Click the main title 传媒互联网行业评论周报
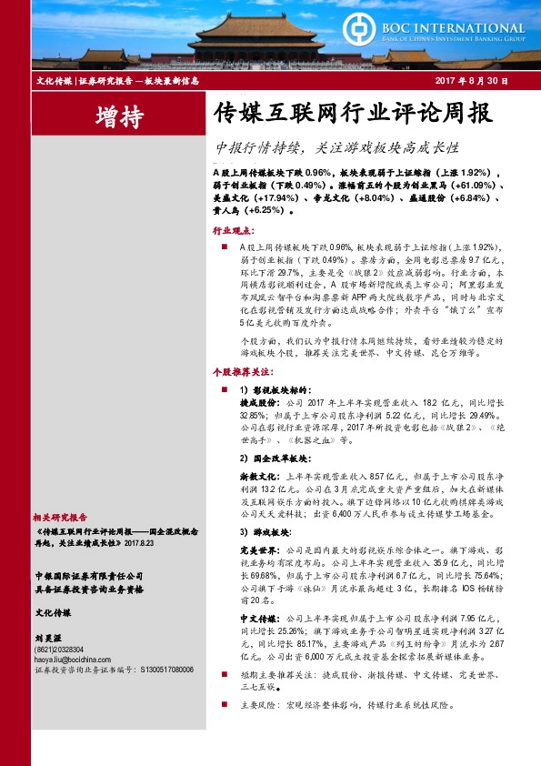click(351, 115)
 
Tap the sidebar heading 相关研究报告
click(63, 516)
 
